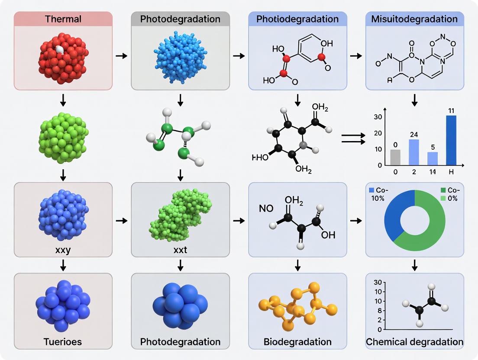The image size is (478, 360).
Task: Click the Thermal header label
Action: point(63,19)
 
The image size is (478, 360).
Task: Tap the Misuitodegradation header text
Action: point(414,19)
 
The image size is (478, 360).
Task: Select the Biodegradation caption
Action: point(297,342)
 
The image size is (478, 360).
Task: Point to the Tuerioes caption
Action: point(63,342)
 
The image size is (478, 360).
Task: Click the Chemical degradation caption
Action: point(414,342)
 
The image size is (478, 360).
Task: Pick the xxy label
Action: point(63,250)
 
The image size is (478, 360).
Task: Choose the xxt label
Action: point(181,250)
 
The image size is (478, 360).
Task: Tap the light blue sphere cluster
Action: point(180,57)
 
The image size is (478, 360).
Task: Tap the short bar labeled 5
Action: point(432,158)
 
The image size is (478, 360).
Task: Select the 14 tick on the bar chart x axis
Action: point(432,172)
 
